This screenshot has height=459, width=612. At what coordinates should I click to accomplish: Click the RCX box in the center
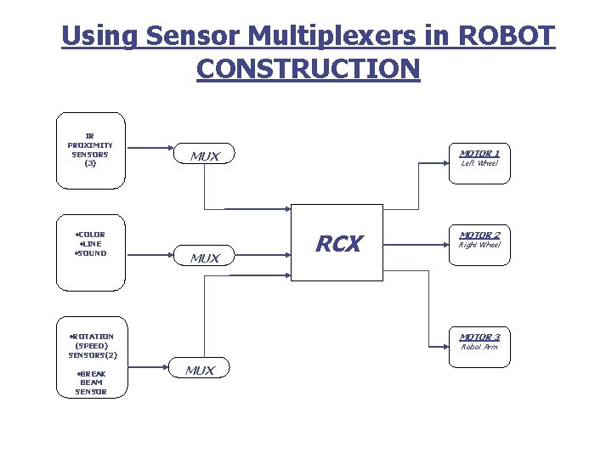(338, 243)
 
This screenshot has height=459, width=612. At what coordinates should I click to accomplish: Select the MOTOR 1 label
(479, 153)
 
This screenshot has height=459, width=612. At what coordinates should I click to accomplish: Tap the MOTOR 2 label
(479, 235)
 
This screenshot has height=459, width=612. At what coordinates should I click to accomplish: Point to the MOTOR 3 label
(479, 337)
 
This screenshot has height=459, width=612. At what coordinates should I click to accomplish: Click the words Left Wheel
(479, 163)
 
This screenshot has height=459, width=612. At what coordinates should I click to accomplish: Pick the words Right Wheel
(479, 245)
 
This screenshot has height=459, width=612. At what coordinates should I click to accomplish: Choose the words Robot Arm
(479, 347)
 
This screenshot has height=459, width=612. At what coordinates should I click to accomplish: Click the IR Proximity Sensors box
(90, 150)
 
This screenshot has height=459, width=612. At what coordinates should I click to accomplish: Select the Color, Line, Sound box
(90, 243)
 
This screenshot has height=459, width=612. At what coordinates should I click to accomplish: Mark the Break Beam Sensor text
(91, 382)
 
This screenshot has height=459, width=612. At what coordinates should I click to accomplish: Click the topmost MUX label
(205, 156)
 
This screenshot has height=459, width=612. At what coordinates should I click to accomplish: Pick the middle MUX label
(205, 258)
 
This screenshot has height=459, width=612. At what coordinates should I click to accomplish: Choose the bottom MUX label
(200, 371)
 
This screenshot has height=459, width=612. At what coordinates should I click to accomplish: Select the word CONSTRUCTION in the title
(308, 68)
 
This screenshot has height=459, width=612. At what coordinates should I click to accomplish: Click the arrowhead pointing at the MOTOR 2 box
(444, 246)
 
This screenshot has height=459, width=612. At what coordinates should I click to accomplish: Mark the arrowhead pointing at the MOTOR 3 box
(444, 348)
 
